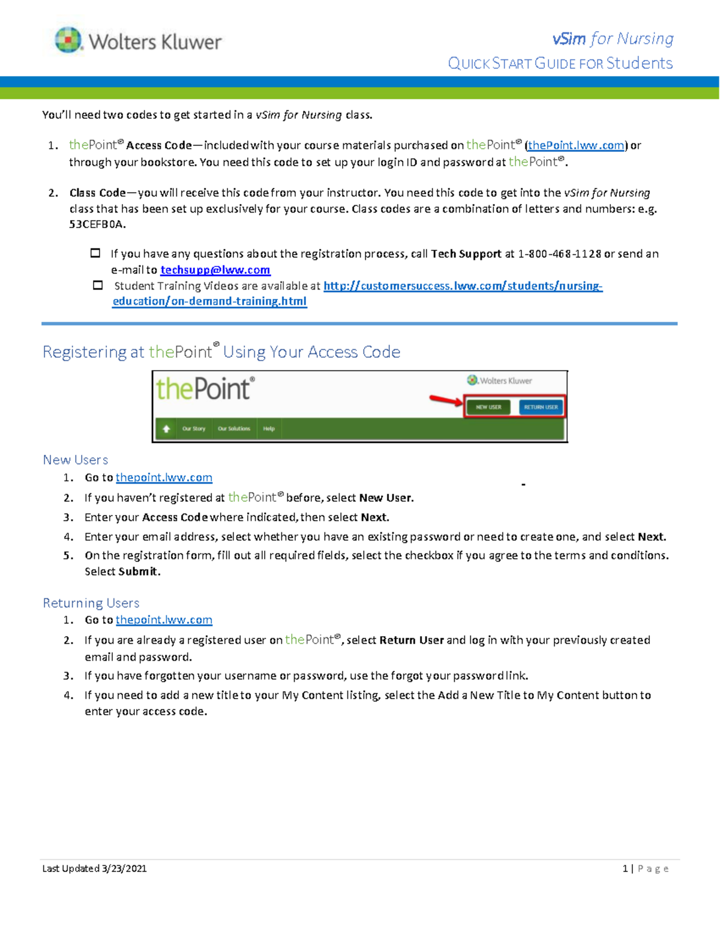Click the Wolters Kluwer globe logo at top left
(x=68, y=40)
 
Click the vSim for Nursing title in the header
(x=613, y=39)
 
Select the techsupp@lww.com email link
(x=215, y=270)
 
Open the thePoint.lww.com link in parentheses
(x=575, y=145)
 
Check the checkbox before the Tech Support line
(x=95, y=253)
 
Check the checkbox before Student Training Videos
(x=98, y=286)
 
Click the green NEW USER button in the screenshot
(x=488, y=407)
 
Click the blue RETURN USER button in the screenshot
(x=541, y=407)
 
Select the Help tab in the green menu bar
(x=269, y=428)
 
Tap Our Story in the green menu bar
(x=194, y=428)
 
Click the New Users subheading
(x=76, y=460)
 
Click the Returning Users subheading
(x=91, y=603)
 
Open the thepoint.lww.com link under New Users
(x=164, y=478)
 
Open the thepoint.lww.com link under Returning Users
(x=164, y=620)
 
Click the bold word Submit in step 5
(x=139, y=572)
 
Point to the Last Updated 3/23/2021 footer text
(x=94, y=868)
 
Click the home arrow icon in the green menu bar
(x=166, y=428)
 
